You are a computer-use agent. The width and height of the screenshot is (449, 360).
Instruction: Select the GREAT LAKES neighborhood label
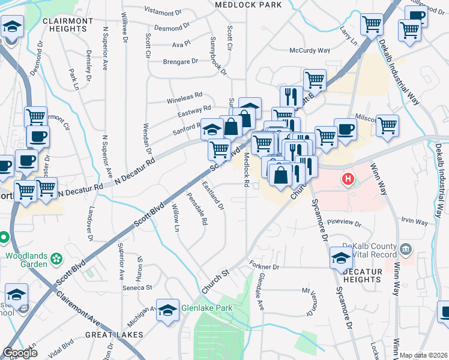click(113, 334)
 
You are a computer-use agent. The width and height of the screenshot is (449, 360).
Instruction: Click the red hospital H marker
click(347, 179)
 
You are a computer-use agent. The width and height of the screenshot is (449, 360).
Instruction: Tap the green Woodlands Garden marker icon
click(57, 259)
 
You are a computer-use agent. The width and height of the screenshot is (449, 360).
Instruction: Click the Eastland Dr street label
click(213, 195)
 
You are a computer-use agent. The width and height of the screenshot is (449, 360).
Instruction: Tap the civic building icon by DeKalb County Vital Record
click(406, 248)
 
